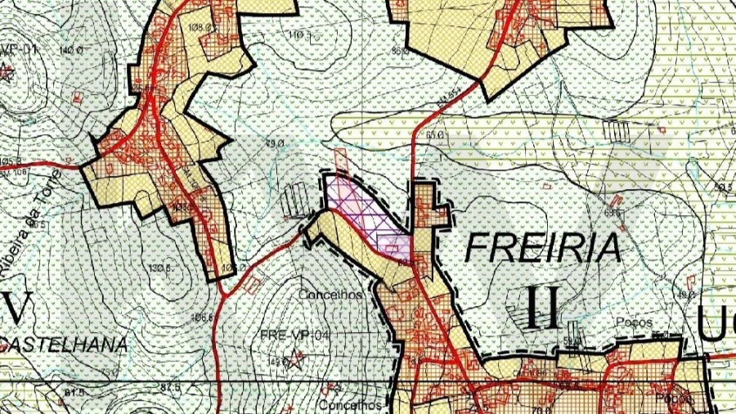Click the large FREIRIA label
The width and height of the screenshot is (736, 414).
(543, 246)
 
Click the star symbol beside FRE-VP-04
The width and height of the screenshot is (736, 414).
(297, 357)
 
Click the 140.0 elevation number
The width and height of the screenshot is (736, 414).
(72, 51)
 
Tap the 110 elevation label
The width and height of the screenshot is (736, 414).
(295, 34)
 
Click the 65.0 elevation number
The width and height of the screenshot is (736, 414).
(433, 134)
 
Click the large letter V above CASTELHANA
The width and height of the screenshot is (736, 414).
(16, 308)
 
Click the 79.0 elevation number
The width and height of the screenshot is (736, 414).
(273, 143)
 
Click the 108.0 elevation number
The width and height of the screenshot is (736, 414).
(200, 28)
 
